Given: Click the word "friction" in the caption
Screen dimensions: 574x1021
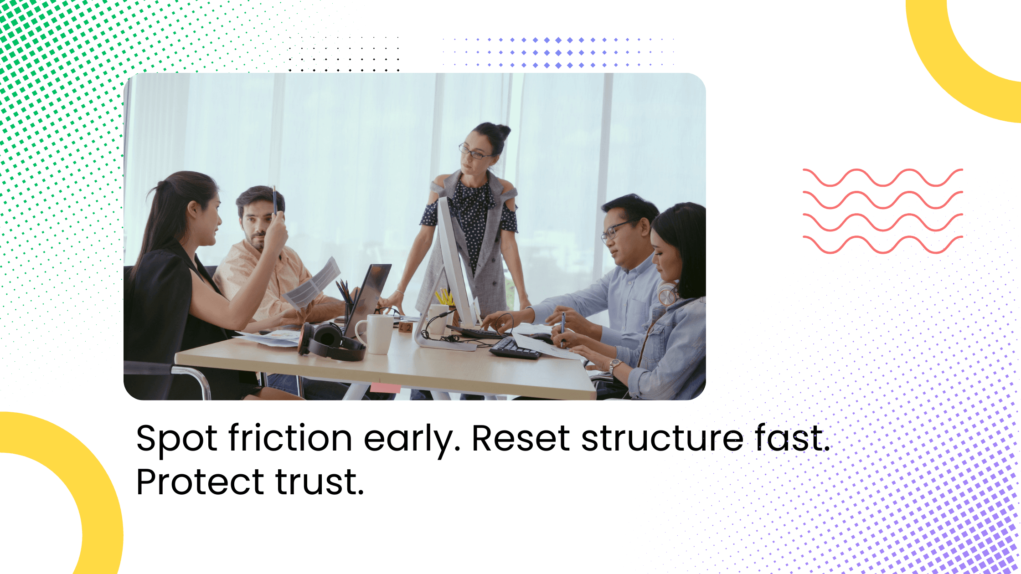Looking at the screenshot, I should [x=290, y=438].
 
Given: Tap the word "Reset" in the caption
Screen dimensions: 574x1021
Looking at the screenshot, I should [x=520, y=438].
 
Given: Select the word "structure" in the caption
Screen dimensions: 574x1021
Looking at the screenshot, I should [x=662, y=438].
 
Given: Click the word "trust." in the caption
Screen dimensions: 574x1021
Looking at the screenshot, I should [x=320, y=482].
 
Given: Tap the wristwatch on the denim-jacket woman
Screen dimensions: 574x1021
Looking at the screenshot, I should [x=615, y=364].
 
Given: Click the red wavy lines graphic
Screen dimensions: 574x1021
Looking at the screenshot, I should [x=882, y=211].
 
